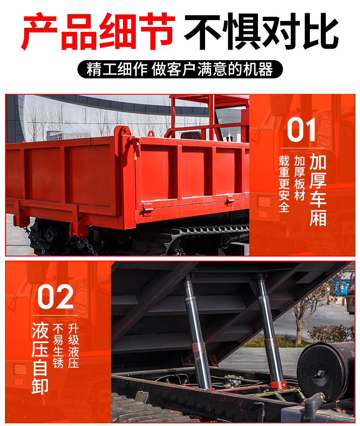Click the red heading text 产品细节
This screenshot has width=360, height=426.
pos(98,31)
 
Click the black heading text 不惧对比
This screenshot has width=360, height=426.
pos(261,31)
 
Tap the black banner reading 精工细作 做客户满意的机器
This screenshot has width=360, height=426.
pos(180,69)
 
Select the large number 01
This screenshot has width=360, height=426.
pos(302,130)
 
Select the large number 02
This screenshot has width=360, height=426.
pos(55,297)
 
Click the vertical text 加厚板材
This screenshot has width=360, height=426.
pos(299,178)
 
